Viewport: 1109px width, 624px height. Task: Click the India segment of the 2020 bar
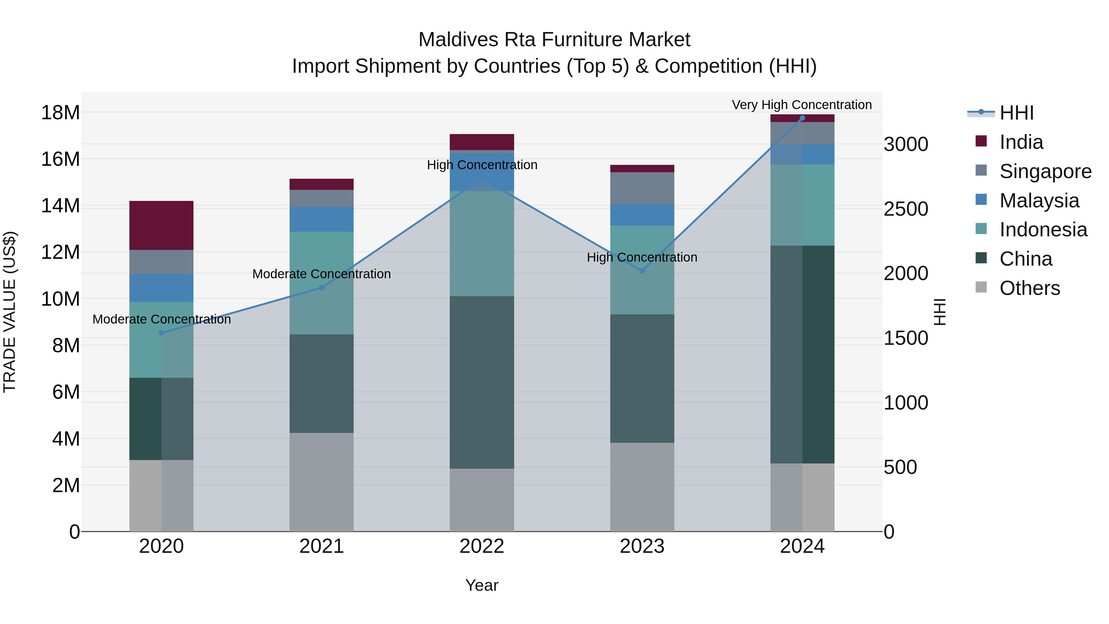coord(161,225)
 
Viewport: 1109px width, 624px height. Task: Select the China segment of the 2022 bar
coord(482,382)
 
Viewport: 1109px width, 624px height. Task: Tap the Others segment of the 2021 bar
coord(321,482)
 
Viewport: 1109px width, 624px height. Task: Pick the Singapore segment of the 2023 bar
coord(642,188)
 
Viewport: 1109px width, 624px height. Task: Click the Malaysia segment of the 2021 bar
coord(321,219)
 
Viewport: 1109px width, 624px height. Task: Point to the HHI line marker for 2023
coord(642,271)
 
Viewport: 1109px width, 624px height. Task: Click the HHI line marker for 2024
coord(802,118)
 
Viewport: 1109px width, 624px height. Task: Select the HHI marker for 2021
coord(321,287)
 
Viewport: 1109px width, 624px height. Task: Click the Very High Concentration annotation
coord(802,105)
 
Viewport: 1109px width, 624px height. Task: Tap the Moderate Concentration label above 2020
coord(161,319)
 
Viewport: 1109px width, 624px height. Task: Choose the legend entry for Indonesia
coord(1043,230)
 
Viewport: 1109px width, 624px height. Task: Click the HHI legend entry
coord(1016,113)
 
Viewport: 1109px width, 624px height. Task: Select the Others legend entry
coord(1029,288)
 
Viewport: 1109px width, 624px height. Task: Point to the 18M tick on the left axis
coord(60,113)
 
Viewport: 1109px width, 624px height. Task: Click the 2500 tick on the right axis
coord(906,209)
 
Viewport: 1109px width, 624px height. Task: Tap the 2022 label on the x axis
coord(482,546)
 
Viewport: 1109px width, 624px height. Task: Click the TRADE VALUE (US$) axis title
coord(10,312)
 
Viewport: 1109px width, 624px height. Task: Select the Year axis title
coord(482,585)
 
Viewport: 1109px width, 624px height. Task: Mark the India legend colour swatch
coord(981,141)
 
